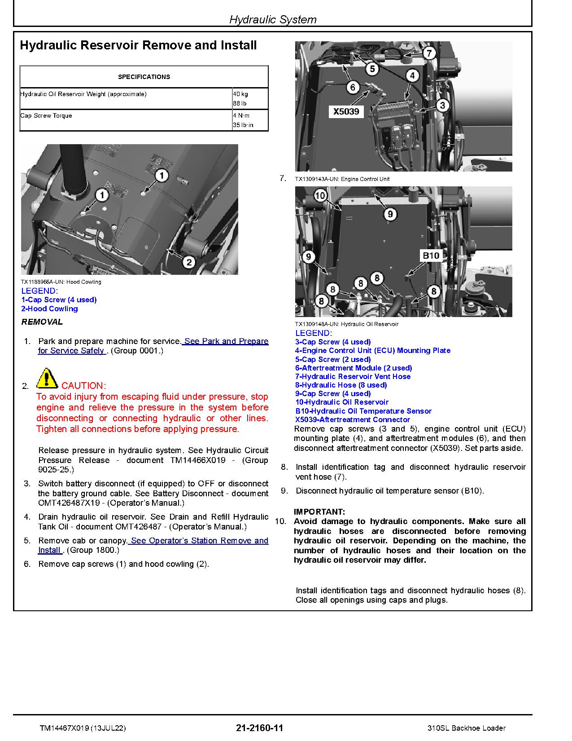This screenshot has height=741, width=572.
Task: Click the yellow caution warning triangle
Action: pos(47,378)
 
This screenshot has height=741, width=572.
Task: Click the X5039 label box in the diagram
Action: pos(346,112)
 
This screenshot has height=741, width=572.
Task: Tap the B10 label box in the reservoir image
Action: pos(431,256)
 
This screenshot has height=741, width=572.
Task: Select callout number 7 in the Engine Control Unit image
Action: pos(429,53)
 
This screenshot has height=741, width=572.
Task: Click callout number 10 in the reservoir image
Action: pos(320,195)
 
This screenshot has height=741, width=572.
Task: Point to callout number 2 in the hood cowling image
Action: pos(188,262)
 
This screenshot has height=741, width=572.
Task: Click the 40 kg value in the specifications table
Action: pos(240,94)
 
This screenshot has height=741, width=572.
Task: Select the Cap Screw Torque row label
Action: pos(46,116)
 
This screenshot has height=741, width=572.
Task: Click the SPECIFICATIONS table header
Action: pos(144,77)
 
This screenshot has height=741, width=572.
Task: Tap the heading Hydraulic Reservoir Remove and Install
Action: pos(138,45)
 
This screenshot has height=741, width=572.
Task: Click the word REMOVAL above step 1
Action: pos(42,322)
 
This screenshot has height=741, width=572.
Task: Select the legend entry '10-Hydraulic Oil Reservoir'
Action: pos(342,402)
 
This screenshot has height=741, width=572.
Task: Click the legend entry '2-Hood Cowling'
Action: pos(49,309)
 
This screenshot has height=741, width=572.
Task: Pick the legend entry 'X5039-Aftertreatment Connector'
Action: pos(353,420)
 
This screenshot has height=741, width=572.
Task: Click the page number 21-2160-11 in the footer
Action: pos(259,728)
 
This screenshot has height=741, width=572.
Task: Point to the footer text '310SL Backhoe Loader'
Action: pos(467,728)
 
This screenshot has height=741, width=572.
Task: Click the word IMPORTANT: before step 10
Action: pos(319,512)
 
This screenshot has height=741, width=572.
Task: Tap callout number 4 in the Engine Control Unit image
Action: pos(412,75)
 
